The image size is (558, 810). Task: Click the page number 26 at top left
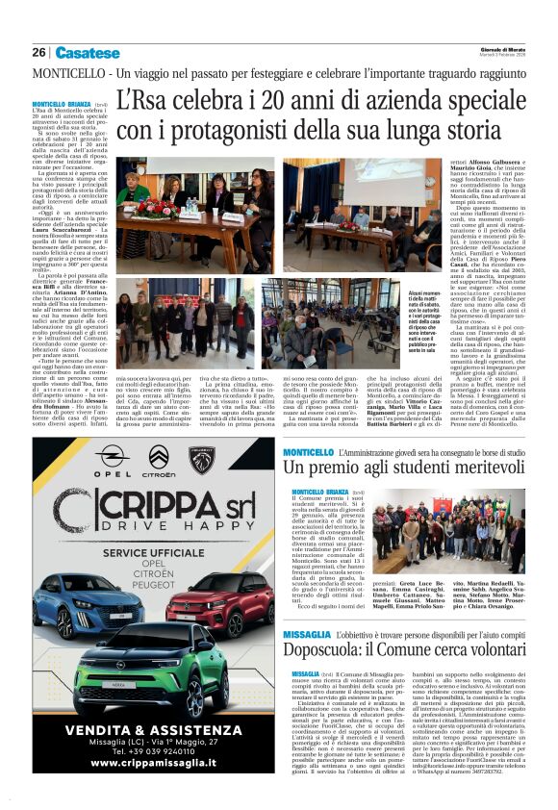(38, 53)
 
